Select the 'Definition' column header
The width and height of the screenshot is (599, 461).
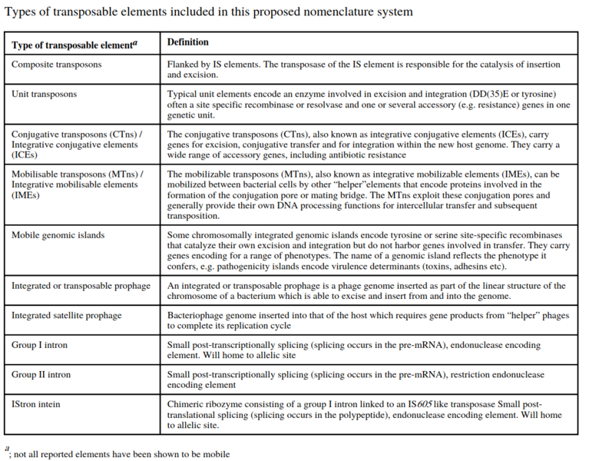[x=188, y=42]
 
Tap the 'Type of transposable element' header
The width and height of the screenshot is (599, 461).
[x=74, y=45]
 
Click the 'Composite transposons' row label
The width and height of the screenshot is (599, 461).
[x=56, y=65]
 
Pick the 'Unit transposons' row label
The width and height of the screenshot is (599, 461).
[x=45, y=94]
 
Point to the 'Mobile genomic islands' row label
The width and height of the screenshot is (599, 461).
[x=58, y=234]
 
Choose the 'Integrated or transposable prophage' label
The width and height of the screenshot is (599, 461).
[x=81, y=286]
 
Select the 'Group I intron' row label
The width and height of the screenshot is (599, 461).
[x=39, y=345]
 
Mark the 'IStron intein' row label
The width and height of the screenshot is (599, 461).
[x=38, y=404]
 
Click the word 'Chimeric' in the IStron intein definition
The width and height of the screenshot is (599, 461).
[x=187, y=404]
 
